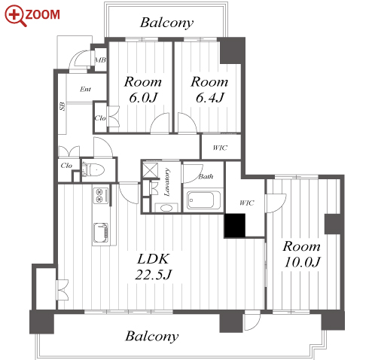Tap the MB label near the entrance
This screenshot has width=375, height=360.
100,60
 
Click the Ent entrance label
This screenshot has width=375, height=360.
85,89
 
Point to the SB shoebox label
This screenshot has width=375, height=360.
62,106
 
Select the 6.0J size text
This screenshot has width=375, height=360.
143,97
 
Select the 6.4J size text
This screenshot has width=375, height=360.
210,97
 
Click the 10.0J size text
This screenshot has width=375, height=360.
302,262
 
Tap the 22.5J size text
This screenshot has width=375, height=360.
153,274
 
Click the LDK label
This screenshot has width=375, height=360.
154,259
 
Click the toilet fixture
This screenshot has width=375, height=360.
93,169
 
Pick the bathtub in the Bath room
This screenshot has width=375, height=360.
204,200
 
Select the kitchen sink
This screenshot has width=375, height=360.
101,233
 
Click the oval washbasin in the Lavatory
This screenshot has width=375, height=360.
166,208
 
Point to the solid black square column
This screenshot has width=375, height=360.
235,225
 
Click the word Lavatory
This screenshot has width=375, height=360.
166,182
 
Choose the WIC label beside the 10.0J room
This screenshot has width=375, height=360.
247,203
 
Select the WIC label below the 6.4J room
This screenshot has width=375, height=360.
220,148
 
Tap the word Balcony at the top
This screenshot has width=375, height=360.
167,23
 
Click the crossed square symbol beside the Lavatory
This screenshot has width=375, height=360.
151,170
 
